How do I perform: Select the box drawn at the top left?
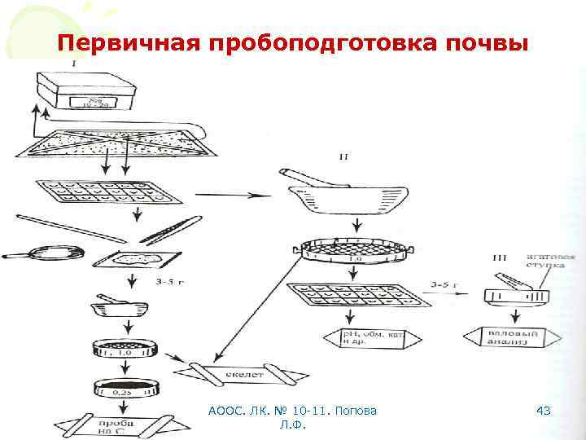click(x=82, y=92)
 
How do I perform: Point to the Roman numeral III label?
click(x=500, y=258)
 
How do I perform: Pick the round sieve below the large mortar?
click(x=355, y=249)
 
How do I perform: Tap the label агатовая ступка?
click(x=551, y=260)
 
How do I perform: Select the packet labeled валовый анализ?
click(x=512, y=337)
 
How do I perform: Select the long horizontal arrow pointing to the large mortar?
click(x=233, y=195)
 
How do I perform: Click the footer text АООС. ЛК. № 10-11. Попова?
click(x=292, y=411)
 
